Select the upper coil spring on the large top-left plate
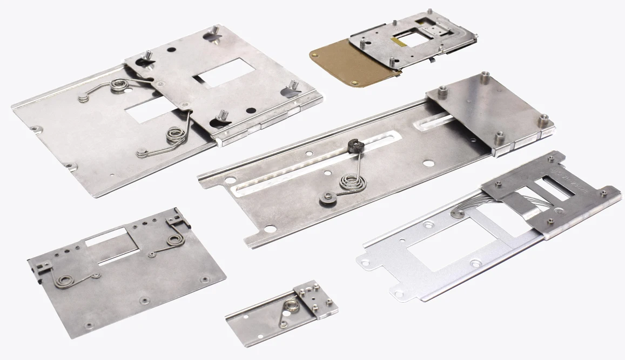pyautogui.click(x=119, y=85)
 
